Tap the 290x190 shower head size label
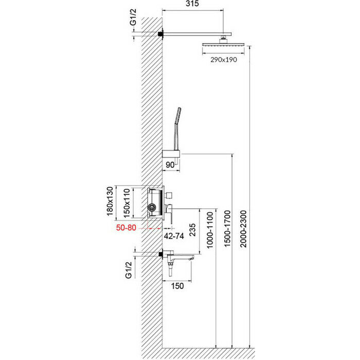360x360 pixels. (x=222, y=60)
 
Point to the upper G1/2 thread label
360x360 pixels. (x=133, y=23)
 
